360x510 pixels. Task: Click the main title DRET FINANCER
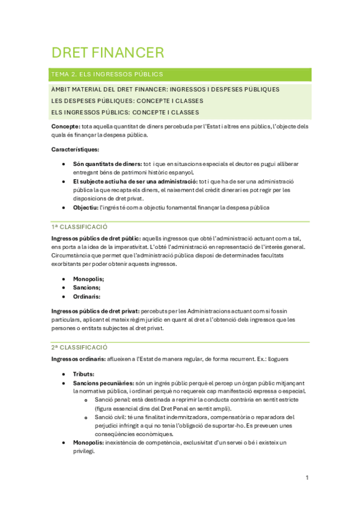[108, 52]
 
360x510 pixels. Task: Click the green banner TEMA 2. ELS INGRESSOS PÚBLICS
[108, 75]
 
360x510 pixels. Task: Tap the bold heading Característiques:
[76, 149]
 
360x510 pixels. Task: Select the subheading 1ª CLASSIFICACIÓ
[79, 227]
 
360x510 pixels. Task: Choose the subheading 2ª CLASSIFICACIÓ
[79, 347]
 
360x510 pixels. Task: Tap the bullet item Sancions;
[87, 287]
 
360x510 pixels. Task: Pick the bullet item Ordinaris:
[87, 296]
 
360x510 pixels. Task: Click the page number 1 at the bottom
[307, 478]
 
